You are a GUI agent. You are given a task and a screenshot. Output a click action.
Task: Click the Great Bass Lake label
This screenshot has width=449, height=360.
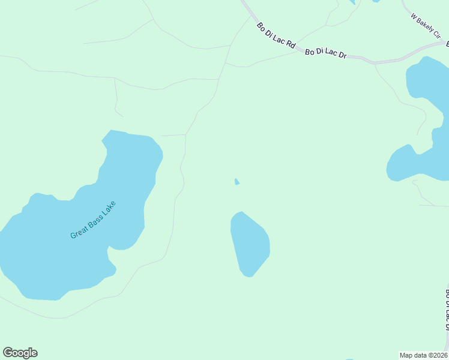[92, 220]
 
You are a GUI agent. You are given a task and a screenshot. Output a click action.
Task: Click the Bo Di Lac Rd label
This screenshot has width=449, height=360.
[277, 36]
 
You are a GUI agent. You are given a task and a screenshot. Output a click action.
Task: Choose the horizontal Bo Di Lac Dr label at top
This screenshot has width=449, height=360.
[326, 53]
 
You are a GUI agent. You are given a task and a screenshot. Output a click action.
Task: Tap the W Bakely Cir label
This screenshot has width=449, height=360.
[426, 27]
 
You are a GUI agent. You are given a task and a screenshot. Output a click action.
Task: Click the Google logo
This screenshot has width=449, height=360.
[20, 353]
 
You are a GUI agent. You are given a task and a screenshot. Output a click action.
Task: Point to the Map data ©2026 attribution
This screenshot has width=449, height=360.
[423, 355]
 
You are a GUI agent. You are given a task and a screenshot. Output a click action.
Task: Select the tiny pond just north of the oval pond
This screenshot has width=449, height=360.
[237, 182]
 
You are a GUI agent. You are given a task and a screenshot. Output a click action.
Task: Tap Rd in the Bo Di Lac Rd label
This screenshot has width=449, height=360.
[291, 44]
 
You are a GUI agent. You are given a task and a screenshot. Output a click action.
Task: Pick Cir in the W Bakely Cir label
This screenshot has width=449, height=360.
[436, 35]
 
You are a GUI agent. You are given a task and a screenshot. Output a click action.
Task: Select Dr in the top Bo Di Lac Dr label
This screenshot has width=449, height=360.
[342, 55]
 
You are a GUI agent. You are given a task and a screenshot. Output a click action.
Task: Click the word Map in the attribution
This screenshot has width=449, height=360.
[406, 355]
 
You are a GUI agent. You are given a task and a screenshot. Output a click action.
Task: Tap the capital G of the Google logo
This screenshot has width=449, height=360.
[7, 353]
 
